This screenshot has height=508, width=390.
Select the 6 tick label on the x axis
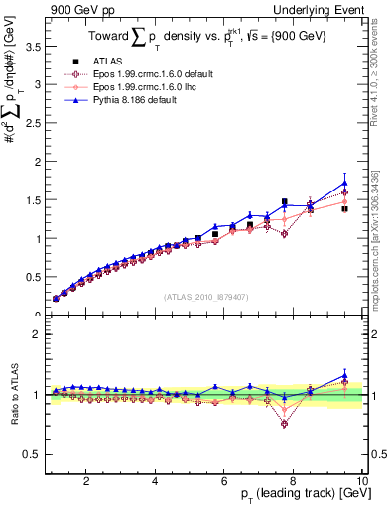tap(224, 480)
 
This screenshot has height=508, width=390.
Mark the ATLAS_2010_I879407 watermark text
tap(205, 295)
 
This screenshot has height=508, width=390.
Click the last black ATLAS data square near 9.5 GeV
tap(344, 209)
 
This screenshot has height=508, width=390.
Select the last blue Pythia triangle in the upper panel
tap(344, 183)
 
